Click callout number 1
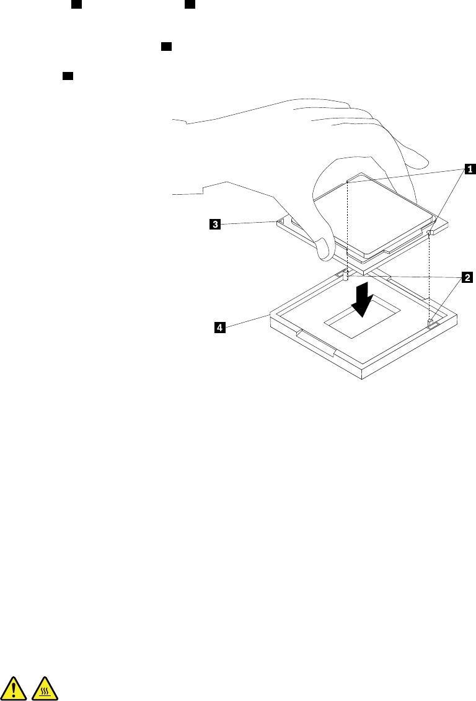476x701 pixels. pos(470,167)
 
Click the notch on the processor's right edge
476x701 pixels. pos(430,232)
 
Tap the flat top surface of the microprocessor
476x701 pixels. pos(372,214)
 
